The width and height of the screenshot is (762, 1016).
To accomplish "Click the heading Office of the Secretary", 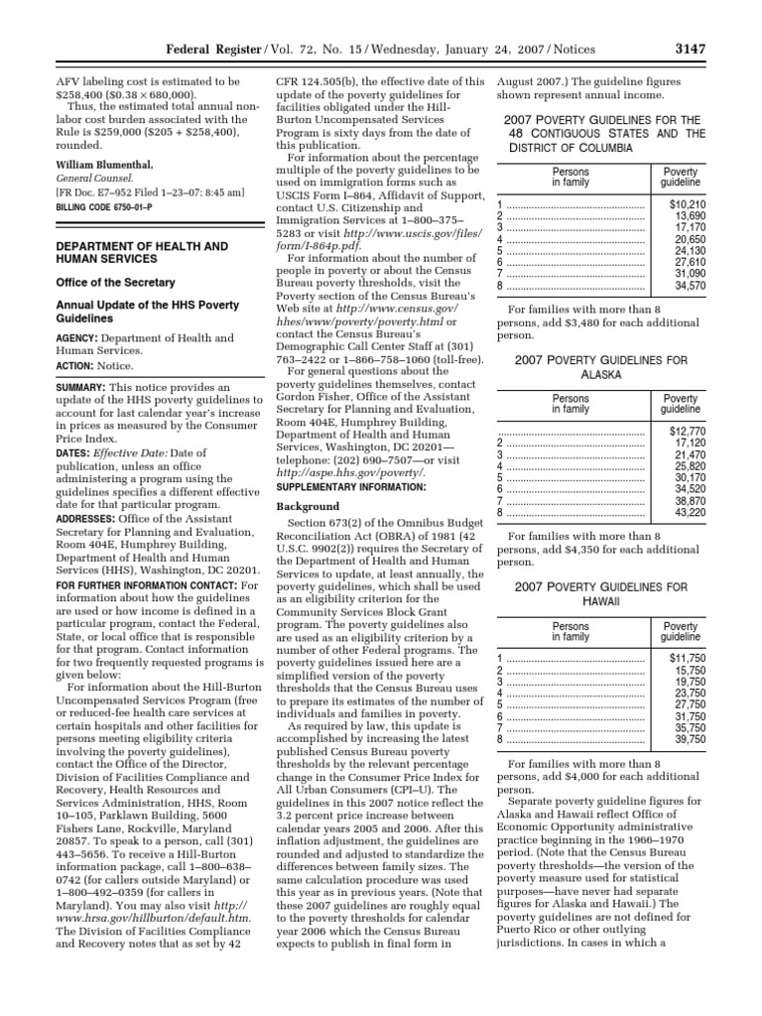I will pos(104,282).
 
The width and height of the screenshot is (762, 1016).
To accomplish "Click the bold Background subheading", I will pos(300,506).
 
